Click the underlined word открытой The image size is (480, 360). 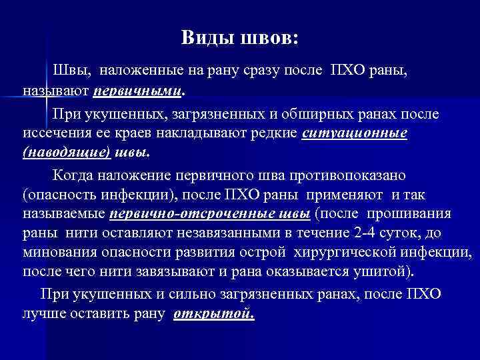213,313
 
